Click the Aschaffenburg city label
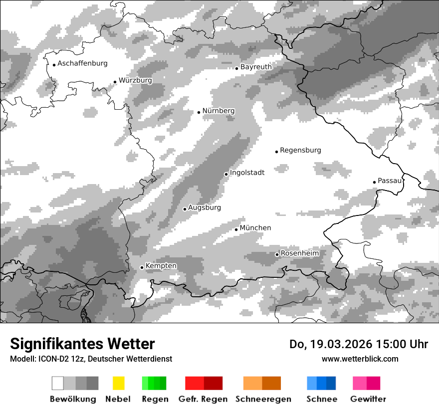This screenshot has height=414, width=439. pos(82,63)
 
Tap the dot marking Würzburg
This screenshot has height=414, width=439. pos(115,82)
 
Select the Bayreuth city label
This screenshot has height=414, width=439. pos(256,67)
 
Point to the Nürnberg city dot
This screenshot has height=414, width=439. pos(199,112)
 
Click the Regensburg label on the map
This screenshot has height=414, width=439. pos(300,150)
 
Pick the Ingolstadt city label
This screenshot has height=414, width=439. pos(247,173)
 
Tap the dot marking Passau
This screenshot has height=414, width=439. pos(374,182)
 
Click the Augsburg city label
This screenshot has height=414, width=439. pos(205,207)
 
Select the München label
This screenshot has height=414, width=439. pos(255,228)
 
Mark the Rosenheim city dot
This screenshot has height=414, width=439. pos(277,254)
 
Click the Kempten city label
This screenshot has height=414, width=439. pos(161,266)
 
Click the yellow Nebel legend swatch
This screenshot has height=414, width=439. pos(118,383)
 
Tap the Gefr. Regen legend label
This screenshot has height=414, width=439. pos(203,399)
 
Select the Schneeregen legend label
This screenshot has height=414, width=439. pos(263,399)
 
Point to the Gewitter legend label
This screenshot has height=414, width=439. pos(368,399)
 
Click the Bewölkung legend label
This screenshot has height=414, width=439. pos(73,399)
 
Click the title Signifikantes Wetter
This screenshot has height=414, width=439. pos(82,344)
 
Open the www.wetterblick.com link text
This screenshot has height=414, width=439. pos(360,359)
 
